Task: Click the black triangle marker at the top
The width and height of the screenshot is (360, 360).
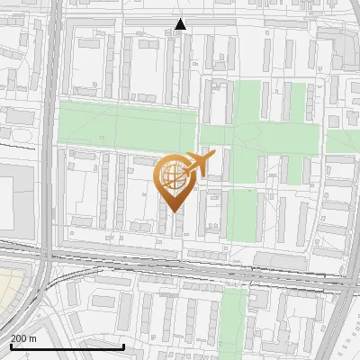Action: click(x=181, y=24)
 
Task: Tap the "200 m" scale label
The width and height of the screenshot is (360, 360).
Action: click(x=23, y=338)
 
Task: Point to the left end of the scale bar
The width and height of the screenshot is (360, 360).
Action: click(x=10, y=346)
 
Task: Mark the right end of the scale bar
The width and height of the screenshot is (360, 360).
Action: click(x=123, y=346)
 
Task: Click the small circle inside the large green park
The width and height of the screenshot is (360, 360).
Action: click(x=101, y=137)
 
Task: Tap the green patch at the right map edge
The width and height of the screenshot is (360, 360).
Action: click(x=343, y=141)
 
